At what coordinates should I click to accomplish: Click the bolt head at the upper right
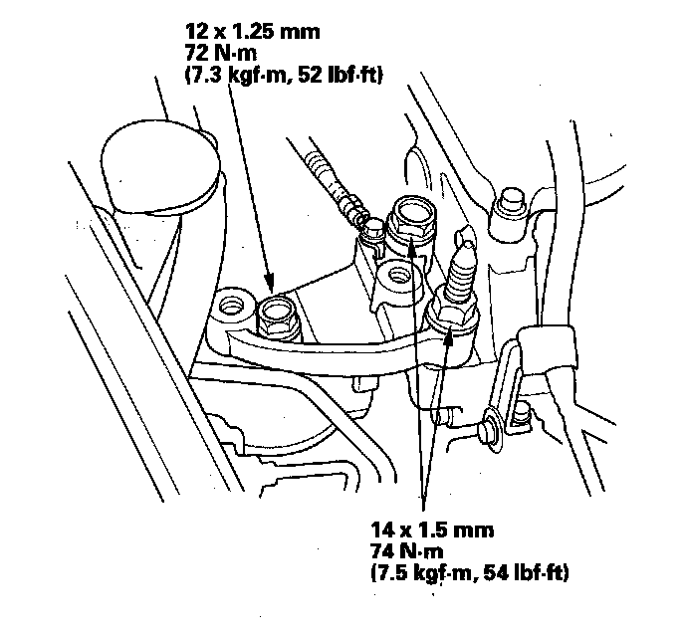514,199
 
